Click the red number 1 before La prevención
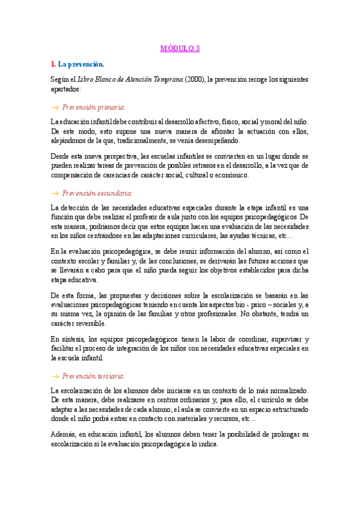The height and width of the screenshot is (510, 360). [x=53, y=64]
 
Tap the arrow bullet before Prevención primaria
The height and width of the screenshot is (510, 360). [x=55, y=106]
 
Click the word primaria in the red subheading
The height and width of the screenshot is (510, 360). [x=111, y=106]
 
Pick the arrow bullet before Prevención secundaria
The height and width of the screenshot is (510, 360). [x=55, y=193]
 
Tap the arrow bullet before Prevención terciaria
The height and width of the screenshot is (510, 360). [x=55, y=376]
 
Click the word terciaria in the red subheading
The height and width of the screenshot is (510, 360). [x=111, y=376]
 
